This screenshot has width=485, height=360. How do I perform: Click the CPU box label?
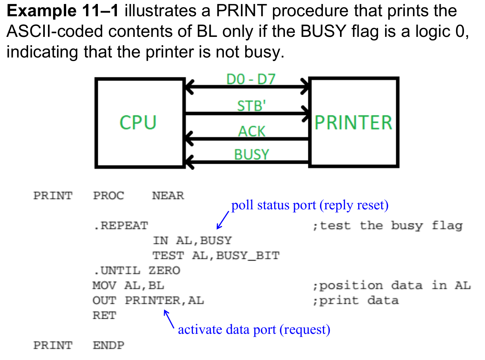point(138,123)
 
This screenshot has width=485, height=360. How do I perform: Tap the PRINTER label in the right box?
point(353,123)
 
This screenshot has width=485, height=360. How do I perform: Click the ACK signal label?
point(252,131)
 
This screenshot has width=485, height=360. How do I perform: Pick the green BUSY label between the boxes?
point(252,154)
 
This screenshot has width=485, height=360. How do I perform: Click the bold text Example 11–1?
point(63,11)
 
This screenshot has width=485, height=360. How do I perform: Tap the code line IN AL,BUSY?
point(192,241)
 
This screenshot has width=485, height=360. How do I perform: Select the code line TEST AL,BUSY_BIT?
point(216,256)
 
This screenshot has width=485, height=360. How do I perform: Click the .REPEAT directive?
point(120,226)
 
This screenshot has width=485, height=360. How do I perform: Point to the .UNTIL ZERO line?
point(136,271)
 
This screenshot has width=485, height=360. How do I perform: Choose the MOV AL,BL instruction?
point(128,286)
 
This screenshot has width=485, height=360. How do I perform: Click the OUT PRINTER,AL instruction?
point(148,301)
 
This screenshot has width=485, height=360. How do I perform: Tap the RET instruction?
point(104,316)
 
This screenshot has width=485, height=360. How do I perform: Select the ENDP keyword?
point(108,345)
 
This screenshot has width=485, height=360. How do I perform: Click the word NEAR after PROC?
point(168,196)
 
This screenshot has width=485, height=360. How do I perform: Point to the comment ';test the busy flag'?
point(387,226)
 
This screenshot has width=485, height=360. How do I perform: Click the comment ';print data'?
point(355,301)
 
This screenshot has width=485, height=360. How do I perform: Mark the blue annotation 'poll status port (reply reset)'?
point(310,206)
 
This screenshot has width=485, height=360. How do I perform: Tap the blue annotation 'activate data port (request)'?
point(254,329)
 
